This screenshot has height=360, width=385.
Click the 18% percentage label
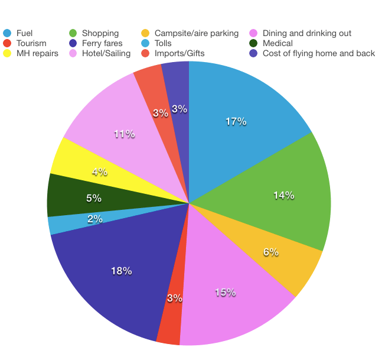click(x=121, y=271)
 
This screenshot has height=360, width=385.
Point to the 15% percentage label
click(x=226, y=293)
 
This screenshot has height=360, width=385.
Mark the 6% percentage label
click(x=270, y=252)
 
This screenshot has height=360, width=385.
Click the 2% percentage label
click(x=95, y=219)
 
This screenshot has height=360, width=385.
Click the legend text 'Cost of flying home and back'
click(x=319, y=53)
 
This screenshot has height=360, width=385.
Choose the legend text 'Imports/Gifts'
click(x=180, y=53)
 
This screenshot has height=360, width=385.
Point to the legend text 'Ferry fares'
click(x=102, y=43)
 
